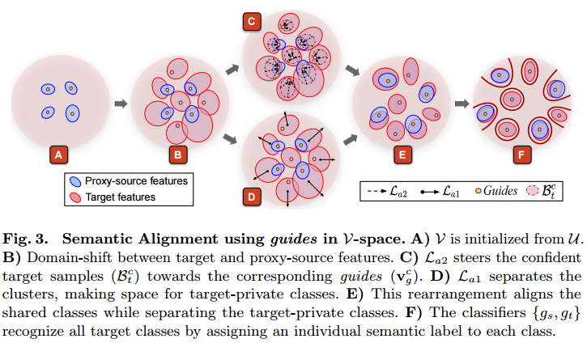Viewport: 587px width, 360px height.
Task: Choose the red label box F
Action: [522, 152]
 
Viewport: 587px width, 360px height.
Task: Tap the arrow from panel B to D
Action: [232, 138]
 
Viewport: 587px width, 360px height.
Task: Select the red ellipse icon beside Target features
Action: [75, 196]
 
